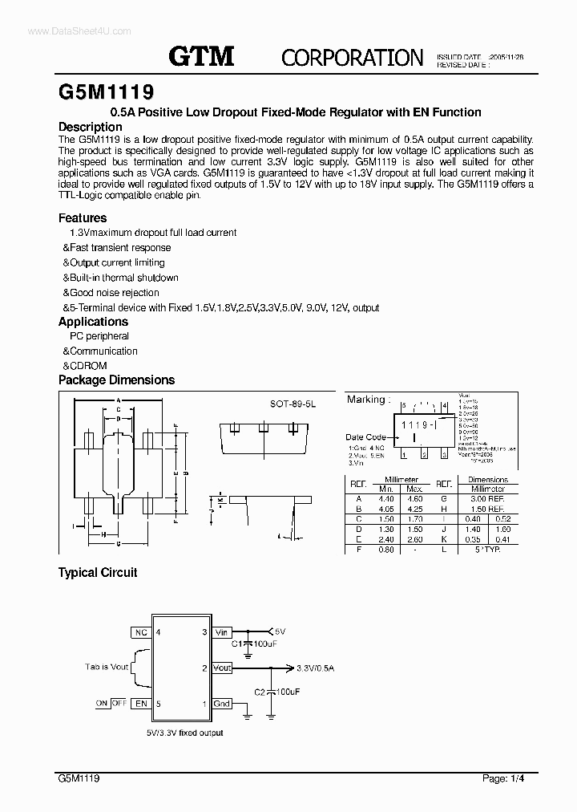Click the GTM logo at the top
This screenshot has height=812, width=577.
[201, 56]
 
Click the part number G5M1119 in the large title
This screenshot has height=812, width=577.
[107, 90]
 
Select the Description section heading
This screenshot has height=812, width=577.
[91, 127]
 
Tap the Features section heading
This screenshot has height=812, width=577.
[83, 217]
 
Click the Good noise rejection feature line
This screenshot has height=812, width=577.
[111, 293]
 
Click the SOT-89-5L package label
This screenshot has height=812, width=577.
[293, 406]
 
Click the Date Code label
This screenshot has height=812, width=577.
[366, 437]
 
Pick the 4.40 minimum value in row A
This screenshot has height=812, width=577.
[386, 497]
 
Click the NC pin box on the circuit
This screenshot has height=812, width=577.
[141, 632]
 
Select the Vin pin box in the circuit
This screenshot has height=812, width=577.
[222, 632]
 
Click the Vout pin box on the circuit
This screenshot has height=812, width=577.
[222, 668]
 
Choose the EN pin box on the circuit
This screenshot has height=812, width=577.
[141, 704]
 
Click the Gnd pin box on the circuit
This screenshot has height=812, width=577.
[222, 704]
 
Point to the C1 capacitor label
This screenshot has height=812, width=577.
[239, 644]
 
